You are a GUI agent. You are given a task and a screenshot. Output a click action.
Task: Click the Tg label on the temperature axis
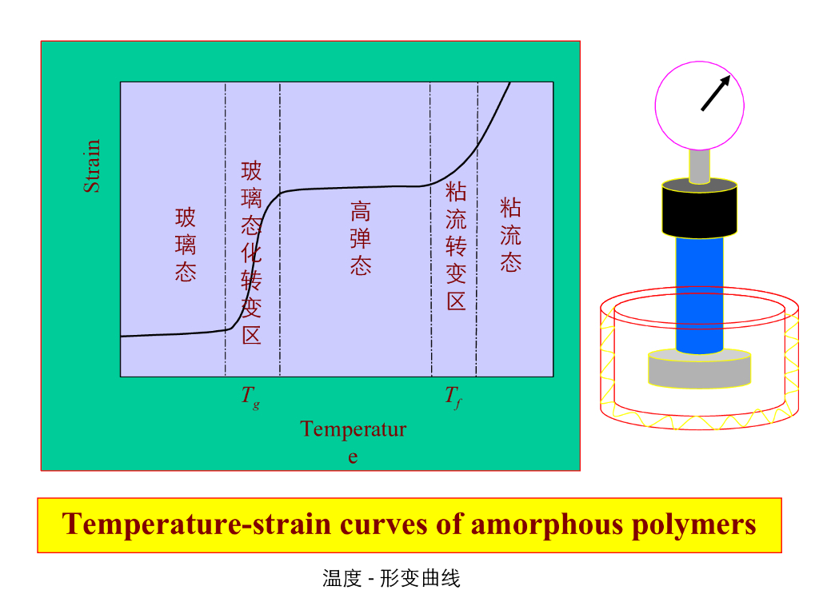pyautogui.click(x=250, y=397)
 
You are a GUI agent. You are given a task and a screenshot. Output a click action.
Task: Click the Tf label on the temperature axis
pyautogui.click(x=453, y=397)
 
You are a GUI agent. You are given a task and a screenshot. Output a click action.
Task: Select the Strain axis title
pyautogui.click(x=93, y=166)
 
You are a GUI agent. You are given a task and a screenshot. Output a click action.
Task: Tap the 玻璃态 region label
pyautogui.click(x=186, y=245)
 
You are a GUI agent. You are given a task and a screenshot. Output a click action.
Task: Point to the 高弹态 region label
pyautogui.click(x=361, y=239)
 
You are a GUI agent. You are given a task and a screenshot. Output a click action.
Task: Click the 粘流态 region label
pyautogui.click(x=511, y=235)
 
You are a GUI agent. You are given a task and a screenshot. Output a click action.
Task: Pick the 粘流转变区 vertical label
pyautogui.click(x=456, y=246)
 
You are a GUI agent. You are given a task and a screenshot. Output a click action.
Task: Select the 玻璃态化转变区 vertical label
pyautogui.click(x=252, y=252)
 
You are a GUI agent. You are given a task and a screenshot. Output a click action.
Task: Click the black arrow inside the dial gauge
pyautogui.click(x=716, y=93)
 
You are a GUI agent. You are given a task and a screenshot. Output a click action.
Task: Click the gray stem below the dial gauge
pyautogui.click(x=699, y=165)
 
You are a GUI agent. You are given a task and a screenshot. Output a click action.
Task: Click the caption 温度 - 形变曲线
pyautogui.click(x=391, y=578)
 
